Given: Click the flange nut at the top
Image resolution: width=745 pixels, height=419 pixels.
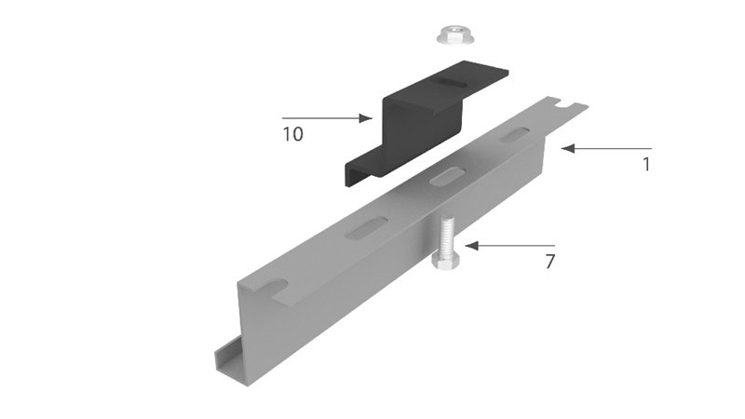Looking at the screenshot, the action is [455, 36].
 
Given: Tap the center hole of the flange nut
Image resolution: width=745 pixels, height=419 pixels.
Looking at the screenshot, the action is [456, 31].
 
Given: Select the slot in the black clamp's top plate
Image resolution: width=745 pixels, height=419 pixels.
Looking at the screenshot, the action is [448, 82].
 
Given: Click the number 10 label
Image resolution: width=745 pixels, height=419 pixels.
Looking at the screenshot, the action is [292, 134].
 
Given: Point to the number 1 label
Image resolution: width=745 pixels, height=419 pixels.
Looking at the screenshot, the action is [645, 165].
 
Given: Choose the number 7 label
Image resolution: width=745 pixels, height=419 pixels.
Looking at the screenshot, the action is [549, 262].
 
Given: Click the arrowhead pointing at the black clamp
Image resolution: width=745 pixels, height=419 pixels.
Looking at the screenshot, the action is [365, 118].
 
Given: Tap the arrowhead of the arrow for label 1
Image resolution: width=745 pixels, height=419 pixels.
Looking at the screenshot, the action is [568, 148].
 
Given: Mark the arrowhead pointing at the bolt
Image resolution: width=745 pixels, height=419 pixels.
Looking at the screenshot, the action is [472, 246].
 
